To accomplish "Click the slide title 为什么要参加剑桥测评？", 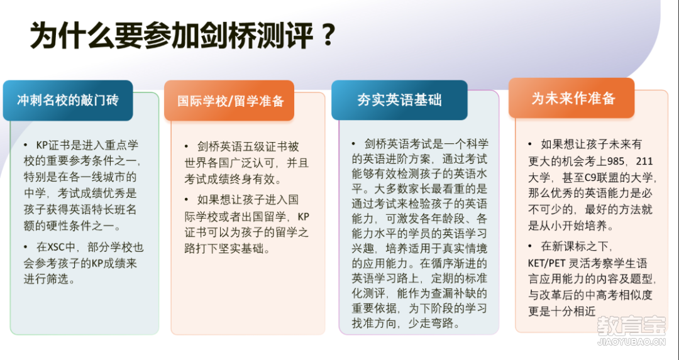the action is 183,36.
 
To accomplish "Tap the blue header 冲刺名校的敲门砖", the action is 68,101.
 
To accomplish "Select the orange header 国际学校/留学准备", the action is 229,101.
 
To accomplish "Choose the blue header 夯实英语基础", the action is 399,100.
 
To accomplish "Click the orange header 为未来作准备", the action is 571,98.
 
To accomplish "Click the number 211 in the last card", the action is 644,161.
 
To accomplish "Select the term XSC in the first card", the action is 56,247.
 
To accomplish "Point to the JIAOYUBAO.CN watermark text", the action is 631,342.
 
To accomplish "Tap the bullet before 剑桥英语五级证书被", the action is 187,146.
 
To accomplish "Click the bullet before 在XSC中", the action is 26,247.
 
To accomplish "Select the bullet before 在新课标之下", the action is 530,246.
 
